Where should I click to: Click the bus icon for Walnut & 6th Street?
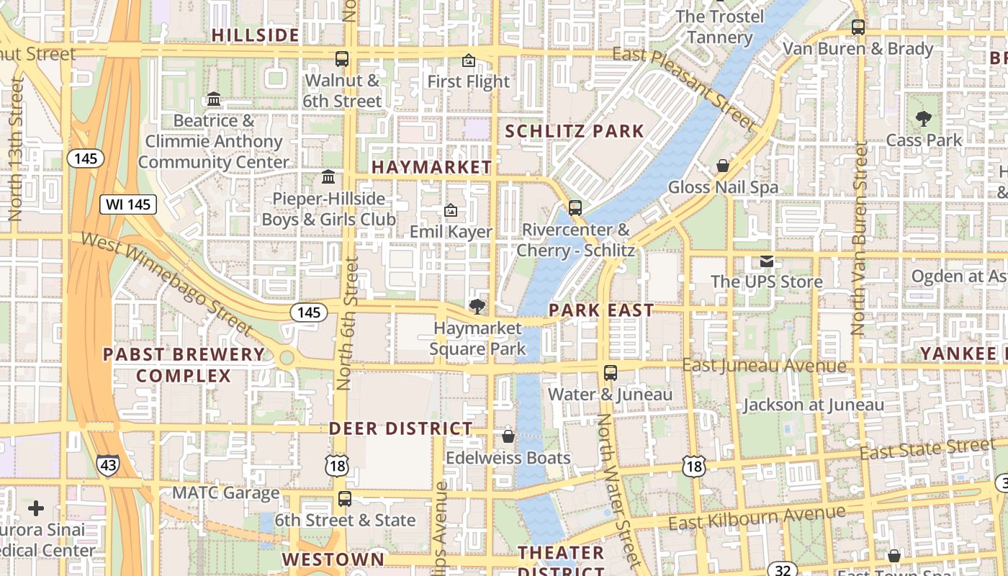click(x=342, y=59)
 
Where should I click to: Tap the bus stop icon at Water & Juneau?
click(x=611, y=373)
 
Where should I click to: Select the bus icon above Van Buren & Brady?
click(x=858, y=27)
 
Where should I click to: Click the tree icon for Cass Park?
click(x=923, y=119)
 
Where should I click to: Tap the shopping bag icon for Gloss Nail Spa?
click(x=723, y=166)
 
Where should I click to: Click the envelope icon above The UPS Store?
click(x=766, y=261)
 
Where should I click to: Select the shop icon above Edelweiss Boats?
click(x=508, y=436)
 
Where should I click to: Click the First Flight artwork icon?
click(x=469, y=60)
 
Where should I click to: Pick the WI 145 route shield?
click(x=128, y=204)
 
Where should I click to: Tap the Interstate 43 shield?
click(x=108, y=466)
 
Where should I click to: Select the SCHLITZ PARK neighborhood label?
click(x=574, y=131)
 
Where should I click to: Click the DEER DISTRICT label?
click(x=401, y=428)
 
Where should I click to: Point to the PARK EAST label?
click(x=601, y=310)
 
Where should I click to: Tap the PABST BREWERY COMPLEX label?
click(x=184, y=365)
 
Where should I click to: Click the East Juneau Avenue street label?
click(x=764, y=366)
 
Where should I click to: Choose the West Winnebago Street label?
click(x=167, y=283)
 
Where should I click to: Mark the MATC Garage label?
click(x=225, y=493)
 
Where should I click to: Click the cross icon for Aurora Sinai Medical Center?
click(x=36, y=509)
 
